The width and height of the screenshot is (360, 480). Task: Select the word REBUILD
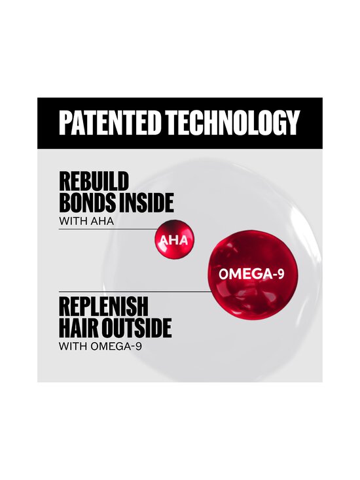point(94,181)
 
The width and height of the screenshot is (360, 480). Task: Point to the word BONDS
point(83,202)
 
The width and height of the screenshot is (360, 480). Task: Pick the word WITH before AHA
point(70,221)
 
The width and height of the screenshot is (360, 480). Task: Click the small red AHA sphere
point(173,240)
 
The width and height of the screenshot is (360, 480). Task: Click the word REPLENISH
point(103,306)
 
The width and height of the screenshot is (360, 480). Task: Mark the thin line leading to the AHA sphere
point(105,230)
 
